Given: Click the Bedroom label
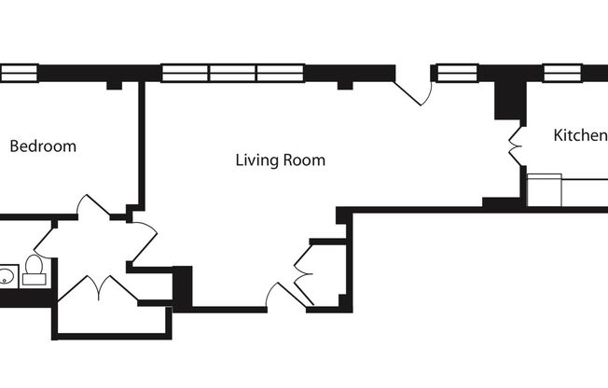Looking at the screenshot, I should pyautogui.click(x=43, y=146).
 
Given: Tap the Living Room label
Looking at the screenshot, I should pyautogui.click(x=280, y=160).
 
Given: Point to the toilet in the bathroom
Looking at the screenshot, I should pyautogui.click(x=35, y=269).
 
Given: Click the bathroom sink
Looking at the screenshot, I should pyautogui.click(x=7, y=275).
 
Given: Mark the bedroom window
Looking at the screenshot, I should pyautogui.click(x=18, y=73).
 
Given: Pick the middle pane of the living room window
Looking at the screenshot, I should pyautogui.click(x=232, y=73).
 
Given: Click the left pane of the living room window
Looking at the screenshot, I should pyautogui.click(x=185, y=73).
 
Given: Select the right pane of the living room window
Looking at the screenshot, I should pyautogui.click(x=281, y=73).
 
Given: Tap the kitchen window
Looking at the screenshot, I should pyautogui.click(x=562, y=73).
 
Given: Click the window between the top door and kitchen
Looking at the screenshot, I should pyautogui.click(x=457, y=73).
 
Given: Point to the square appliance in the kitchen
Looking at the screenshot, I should pyautogui.click(x=545, y=189).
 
